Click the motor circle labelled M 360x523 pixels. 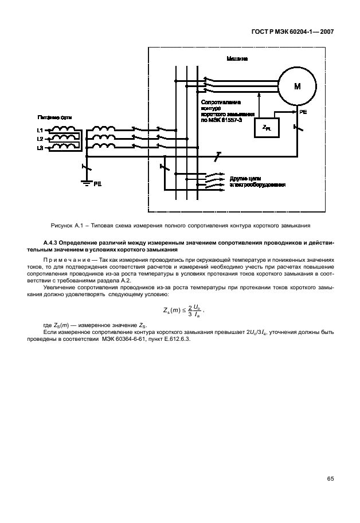[x=297, y=86]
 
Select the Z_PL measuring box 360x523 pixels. [x=267, y=129]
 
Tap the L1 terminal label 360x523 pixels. [x=40, y=131]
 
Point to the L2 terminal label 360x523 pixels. [x=40, y=139]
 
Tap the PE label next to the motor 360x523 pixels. [x=303, y=113]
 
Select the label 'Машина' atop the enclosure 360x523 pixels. [x=237, y=58]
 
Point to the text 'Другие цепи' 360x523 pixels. [x=246, y=178]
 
